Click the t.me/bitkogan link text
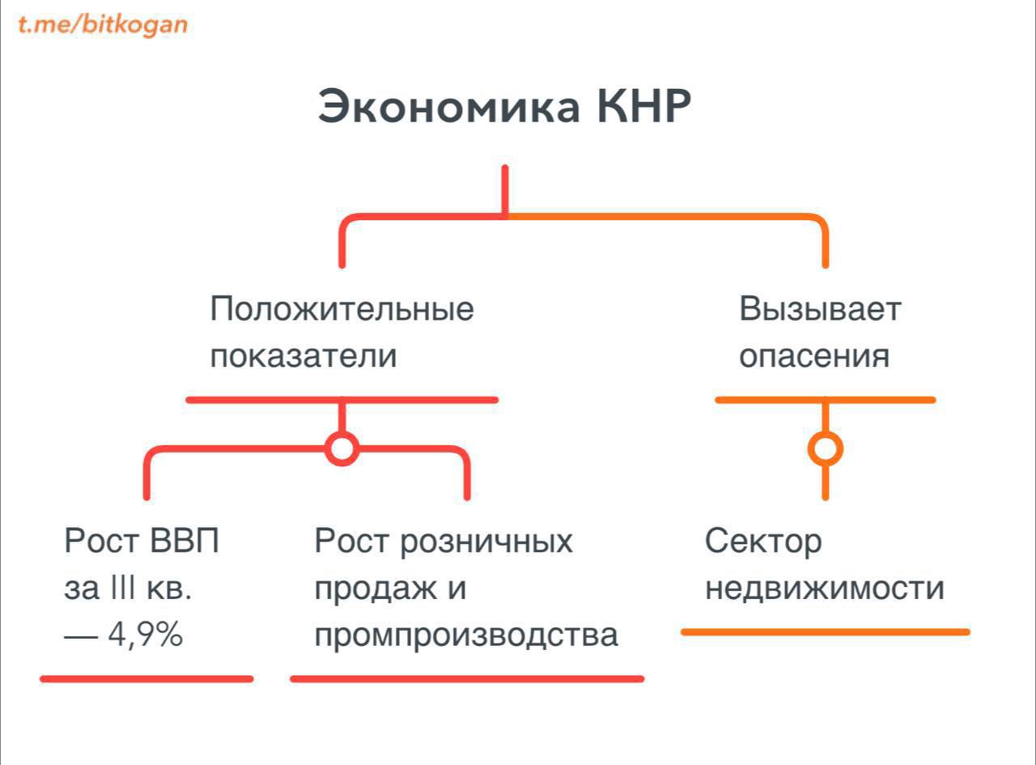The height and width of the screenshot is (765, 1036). pyautogui.click(x=103, y=25)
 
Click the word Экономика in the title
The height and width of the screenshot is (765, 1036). pyautogui.click(x=449, y=107)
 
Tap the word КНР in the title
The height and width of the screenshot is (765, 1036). pyautogui.click(x=643, y=106)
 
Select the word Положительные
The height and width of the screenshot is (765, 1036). pyautogui.click(x=342, y=309)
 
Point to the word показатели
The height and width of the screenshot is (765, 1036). pyautogui.click(x=304, y=355)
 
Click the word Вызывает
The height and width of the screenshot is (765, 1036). pyautogui.click(x=820, y=309)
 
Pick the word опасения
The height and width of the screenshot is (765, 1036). pyautogui.click(x=814, y=355)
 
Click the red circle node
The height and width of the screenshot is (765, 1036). pyautogui.click(x=342, y=448)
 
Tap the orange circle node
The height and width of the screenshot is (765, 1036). pyautogui.click(x=826, y=448)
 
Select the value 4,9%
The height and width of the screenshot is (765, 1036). pyautogui.click(x=145, y=634)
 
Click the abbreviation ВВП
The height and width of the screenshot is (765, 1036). pyautogui.click(x=184, y=541)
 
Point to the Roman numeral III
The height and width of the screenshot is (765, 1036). pyautogui.click(x=123, y=588)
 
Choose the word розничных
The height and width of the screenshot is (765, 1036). pyautogui.click(x=486, y=542)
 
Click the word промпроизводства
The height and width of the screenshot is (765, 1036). pyautogui.click(x=466, y=636)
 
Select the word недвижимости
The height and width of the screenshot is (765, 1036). pyautogui.click(x=825, y=589)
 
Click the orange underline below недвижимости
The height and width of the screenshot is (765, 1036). pyautogui.click(x=826, y=632)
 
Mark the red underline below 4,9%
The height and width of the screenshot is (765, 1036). pyautogui.click(x=146, y=679)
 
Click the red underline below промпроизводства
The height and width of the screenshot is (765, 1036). pyautogui.click(x=467, y=679)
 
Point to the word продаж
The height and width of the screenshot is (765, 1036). pyautogui.click(x=376, y=590)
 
